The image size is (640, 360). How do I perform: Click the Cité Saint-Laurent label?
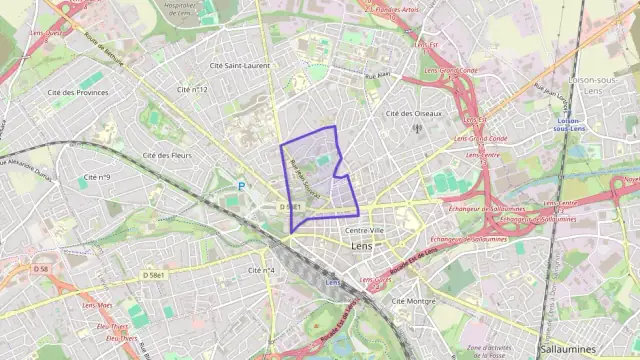click(x=240, y=66)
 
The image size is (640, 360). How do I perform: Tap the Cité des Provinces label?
click(x=77, y=92)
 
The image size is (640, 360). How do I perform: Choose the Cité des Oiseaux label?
click(x=414, y=113)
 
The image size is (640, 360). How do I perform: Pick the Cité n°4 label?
click(x=261, y=270)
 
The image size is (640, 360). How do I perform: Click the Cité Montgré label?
click(x=413, y=300)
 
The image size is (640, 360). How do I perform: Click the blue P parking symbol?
click(x=241, y=186)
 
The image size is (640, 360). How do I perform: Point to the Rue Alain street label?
click(x=376, y=75)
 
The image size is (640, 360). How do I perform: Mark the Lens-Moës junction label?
click(x=97, y=305)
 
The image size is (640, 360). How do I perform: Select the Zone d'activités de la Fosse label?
click(x=489, y=351)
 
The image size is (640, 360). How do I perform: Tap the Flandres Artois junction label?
click(x=395, y=9)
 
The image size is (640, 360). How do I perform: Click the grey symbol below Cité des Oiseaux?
click(x=417, y=127)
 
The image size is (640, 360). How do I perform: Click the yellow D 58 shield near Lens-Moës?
click(x=40, y=269)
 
